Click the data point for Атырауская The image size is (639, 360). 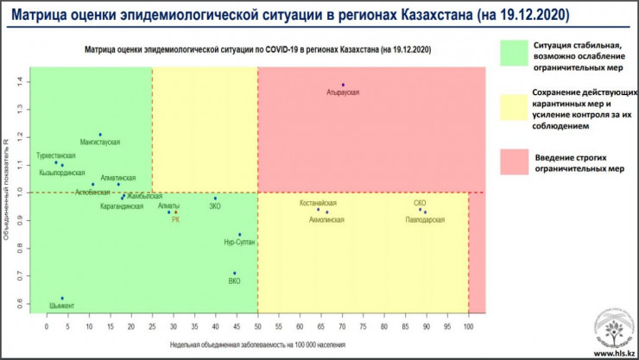343,85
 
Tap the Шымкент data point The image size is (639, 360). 62,298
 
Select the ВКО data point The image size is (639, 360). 234,273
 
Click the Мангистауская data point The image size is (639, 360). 100,135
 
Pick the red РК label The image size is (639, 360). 175,219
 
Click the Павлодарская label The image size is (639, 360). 426,220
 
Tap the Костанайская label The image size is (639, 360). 318,202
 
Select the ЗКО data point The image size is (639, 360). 216,199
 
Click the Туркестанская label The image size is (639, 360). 55,156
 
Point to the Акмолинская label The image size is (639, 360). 326,219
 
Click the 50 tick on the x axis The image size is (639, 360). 257,327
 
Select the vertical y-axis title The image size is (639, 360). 7,189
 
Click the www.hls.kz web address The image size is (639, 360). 614,352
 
